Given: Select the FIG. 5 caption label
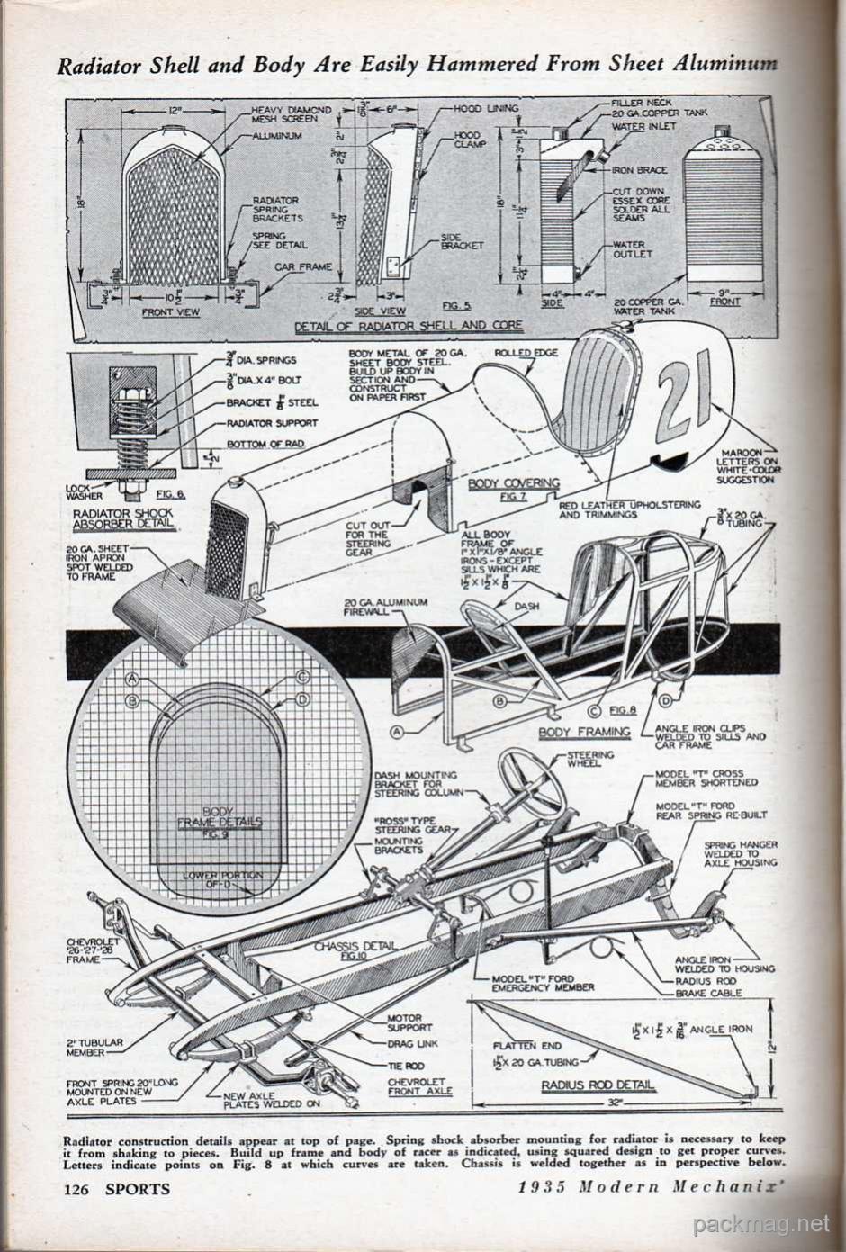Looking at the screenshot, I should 444,307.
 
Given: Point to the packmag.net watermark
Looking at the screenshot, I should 761,1223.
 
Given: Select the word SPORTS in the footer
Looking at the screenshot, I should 137,1188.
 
